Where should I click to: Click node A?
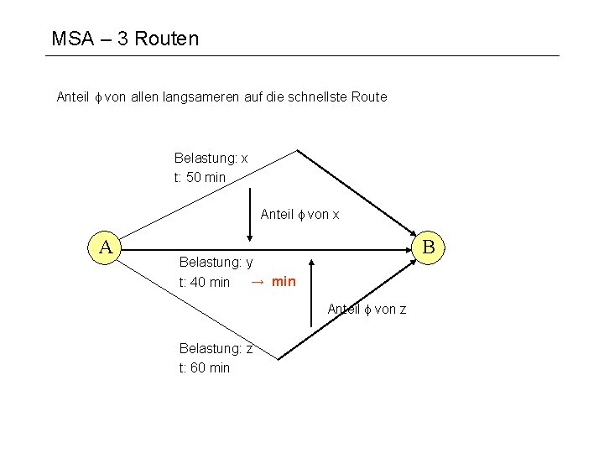[107, 247]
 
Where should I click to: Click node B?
[428, 247]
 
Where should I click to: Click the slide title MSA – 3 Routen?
[125, 39]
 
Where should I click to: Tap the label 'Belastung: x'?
[211, 158]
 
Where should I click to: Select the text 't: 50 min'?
[200, 177]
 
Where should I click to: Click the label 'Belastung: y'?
[216, 263]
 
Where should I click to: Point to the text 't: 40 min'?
[205, 282]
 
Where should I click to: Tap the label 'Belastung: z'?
[216, 348]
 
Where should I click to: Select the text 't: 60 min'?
[205, 367]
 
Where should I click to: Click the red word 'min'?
[284, 281]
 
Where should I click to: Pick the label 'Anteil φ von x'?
[299, 215]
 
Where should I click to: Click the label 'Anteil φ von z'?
[367, 310]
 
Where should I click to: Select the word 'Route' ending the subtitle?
[369, 96]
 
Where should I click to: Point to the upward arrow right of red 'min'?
[310, 290]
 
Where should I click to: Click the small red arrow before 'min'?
[258, 281]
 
